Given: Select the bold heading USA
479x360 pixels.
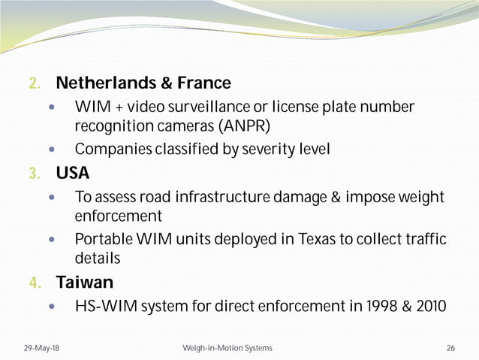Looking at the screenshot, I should (x=73, y=174).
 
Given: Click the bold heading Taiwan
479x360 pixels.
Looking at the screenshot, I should (x=85, y=283).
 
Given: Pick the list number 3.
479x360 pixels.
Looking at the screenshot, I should (x=34, y=174).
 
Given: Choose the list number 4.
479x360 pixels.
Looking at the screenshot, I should (x=34, y=283).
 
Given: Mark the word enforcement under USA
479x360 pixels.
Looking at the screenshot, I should (x=118, y=216).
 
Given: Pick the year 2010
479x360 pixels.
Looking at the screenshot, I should (x=426, y=307).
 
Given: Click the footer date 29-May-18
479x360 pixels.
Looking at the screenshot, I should (x=39, y=348).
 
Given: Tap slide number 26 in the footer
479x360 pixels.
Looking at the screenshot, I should (x=450, y=348).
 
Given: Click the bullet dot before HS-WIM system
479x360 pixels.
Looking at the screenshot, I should (x=51, y=307).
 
